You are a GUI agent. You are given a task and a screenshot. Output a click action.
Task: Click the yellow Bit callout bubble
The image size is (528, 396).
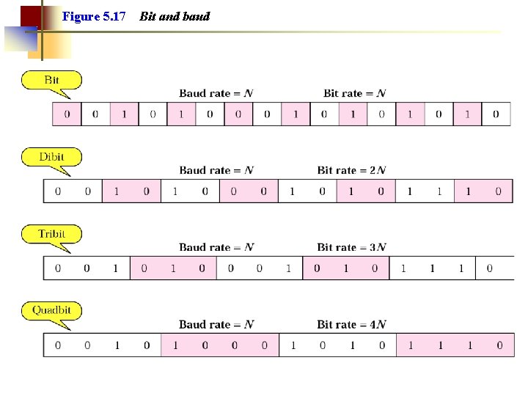[51, 80]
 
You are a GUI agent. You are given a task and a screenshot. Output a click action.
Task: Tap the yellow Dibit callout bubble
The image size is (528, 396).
[51, 157]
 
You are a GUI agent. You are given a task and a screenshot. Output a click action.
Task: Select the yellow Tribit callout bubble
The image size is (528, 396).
[51, 234]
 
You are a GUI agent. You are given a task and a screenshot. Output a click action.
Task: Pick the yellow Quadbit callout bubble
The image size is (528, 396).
[51, 310]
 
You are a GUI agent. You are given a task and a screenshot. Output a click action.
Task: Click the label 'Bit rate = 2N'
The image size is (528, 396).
[351, 170]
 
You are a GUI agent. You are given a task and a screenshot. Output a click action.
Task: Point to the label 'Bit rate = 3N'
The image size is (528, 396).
[351, 247]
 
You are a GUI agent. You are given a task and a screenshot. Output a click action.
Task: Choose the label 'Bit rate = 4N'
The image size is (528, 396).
[351, 324]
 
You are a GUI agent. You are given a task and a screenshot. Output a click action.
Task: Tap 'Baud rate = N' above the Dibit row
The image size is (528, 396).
[216, 170]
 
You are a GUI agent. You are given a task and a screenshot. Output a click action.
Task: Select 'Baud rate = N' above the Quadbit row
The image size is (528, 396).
[216, 324]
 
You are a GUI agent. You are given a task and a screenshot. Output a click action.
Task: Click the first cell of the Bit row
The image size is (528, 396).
[67, 114]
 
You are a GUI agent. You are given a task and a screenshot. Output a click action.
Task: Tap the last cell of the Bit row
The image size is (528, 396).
[496, 114]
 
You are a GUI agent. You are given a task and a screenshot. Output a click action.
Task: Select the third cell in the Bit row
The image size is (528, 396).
[124, 114]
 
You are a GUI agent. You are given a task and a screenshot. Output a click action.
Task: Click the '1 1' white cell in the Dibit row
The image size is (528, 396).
[425, 191]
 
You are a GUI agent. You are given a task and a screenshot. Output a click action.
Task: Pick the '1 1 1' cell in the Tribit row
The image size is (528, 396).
[432, 268]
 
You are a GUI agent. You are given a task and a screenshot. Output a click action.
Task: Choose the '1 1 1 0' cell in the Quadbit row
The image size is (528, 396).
[455, 345]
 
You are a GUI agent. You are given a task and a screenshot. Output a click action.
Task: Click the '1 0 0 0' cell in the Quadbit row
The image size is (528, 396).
[220, 345]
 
